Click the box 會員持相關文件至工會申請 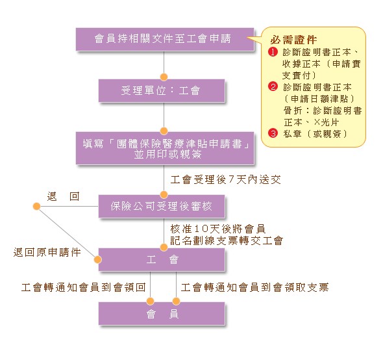165,40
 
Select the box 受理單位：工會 162,91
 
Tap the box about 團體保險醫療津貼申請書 165,148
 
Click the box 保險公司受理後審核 162,206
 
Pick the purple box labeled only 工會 162,259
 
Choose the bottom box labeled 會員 162,313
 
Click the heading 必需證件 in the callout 293,40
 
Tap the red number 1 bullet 273,52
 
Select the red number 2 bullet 273,87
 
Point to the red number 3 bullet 273,133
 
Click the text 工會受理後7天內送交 225,180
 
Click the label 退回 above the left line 63,196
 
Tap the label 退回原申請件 47,252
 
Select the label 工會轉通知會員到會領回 84,287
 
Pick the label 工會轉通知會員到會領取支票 254,287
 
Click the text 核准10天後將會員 218,229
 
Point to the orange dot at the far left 36,206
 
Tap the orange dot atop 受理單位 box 164,77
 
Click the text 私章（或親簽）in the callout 315,134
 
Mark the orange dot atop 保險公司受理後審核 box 164,195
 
